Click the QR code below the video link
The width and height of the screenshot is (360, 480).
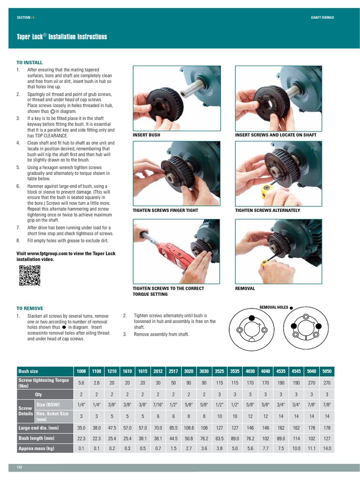[x=29, y=275]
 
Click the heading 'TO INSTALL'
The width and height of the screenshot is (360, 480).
[x=30, y=62]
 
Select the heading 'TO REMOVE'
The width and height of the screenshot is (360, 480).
[x=30, y=308]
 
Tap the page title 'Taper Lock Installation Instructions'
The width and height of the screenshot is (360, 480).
[x=62, y=37]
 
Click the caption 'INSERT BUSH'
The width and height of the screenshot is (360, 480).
[x=146, y=135]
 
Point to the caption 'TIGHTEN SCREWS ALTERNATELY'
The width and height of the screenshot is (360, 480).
[x=267, y=210]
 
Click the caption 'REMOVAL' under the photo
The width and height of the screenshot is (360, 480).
[x=245, y=289]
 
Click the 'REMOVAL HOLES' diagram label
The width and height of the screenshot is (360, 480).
[x=274, y=307]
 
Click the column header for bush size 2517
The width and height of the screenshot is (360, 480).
[x=173, y=371]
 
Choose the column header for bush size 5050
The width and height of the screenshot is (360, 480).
[x=327, y=371]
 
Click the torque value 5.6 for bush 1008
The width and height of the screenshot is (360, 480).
[x=81, y=382]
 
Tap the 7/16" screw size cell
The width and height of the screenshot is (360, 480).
[x=158, y=405]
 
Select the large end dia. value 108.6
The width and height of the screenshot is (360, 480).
[x=188, y=428]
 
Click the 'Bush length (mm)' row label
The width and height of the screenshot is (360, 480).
[x=36, y=438]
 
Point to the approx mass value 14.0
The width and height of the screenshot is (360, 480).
[x=327, y=449]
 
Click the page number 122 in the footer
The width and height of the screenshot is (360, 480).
[x=20, y=467]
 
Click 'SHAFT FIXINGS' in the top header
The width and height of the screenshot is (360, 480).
[x=322, y=17]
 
